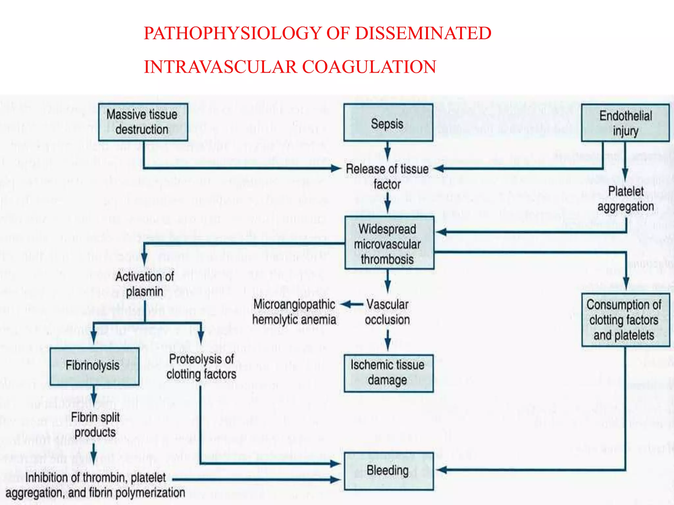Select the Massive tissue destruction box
click(x=143, y=122)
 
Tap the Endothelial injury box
click(x=625, y=123)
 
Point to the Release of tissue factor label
click(x=387, y=177)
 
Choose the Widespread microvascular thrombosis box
click(x=389, y=243)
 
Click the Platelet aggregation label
click(x=625, y=199)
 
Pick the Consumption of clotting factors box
click(x=625, y=320)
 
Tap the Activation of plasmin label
click(x=144, y=284)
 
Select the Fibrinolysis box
click(x=94, y=366)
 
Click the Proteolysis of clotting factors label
click(x=201, y=367)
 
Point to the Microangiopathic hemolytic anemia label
click(x=294, y=312)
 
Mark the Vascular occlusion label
click(x=387, y=312)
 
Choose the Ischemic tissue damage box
click(x=388, y=373)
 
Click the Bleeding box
click(x=388, y=470)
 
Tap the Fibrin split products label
click(x=95, y=424)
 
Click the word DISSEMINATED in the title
click(x=423, y=34)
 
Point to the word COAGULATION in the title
click(x=369, y=67)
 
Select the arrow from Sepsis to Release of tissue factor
click(x=388, y=151)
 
